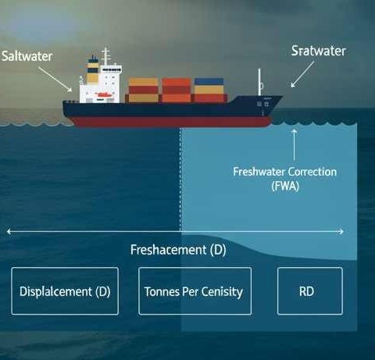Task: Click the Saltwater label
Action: pos(27,56)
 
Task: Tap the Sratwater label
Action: pos(319,51)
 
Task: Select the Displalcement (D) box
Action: pos(65,291)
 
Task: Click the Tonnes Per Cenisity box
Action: pos(195,291)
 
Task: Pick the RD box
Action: pos(310,291)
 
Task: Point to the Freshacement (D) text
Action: pos(178,250)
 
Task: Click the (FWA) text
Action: pos(285,187)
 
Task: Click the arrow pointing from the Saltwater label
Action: pos(55,80)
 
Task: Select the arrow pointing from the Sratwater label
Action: pos(302,74)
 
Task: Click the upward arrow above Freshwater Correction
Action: pos(295,144)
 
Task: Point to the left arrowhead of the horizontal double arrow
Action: pos(9,231)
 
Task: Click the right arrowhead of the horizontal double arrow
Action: pos(341,231)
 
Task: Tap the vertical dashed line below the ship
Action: pos(180,180)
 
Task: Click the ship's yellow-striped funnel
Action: pos(93,70)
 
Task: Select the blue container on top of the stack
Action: pos(209,82)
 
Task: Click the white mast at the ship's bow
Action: pos(259,82)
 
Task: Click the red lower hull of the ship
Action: pos(170,122)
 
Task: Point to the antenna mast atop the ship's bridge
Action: pos(105,56)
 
